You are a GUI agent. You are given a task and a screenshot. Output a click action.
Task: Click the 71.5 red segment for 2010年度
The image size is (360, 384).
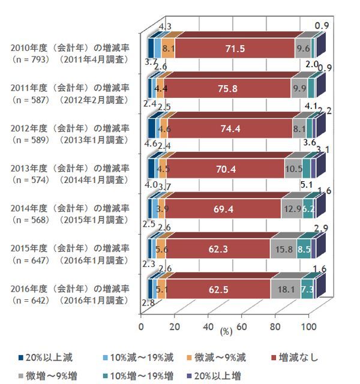pos(234,49)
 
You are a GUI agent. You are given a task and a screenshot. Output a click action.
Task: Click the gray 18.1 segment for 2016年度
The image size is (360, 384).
pos(285,289)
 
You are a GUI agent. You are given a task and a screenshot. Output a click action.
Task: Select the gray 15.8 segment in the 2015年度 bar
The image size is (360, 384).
pos(283,248)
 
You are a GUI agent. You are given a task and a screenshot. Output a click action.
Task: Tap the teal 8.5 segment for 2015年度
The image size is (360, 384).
pos(303,248)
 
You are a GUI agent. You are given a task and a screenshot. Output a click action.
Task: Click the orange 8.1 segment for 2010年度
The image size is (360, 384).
pos(169,49)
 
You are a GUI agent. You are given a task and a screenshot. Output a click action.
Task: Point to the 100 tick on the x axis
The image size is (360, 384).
pos(308,326)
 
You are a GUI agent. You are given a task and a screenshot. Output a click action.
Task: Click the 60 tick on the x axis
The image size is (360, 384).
pos(242,326)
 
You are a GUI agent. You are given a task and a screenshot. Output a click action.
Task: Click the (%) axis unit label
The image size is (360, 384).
pos(226,331)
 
